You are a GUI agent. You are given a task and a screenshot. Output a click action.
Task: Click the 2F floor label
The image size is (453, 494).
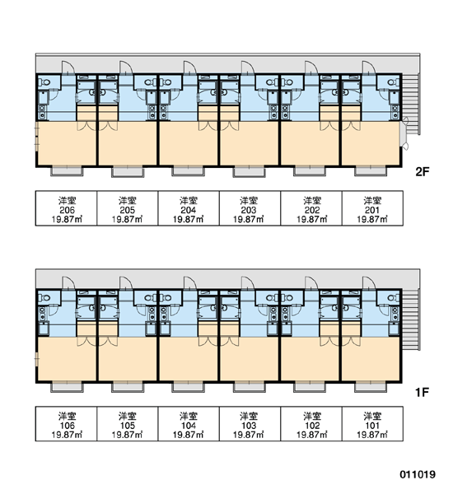pyautogui.click(x=422, y=172)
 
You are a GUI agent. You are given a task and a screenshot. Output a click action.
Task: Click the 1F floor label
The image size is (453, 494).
pyautogui.click(x=422, y=392)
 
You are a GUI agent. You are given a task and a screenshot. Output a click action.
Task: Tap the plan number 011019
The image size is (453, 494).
pyautogui.click(x=418, y=474)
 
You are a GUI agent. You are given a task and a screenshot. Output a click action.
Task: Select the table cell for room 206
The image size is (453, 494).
pyautogui.click(x=66, y=208)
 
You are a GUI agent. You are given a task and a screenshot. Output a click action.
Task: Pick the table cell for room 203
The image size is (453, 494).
pyautogui.click(x=250, y=208)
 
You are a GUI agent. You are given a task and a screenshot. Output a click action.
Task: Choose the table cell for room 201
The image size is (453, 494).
pyautogui.click(x=372, y=208)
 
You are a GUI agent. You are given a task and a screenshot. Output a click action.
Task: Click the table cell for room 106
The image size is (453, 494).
pyautogui.click(x=66, y=424)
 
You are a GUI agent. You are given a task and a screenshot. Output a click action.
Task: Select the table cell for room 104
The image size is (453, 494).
pyautogui.click(x=189, y=424)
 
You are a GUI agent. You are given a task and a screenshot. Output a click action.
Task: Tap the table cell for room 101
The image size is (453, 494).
pyautogui.click(x=372, y=424)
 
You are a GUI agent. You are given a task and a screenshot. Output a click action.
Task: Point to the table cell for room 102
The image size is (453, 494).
pyautogui.click(x=311, y=424)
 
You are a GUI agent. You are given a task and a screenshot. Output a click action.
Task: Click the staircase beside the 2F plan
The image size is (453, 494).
pyautogui.click(x=411, y=104)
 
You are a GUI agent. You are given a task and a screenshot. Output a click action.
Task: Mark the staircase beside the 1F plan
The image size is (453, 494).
pyautogui.click(x=411, y=319)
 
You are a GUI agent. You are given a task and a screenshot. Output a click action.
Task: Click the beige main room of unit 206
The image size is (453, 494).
pyautogui.click(x=67, y=143)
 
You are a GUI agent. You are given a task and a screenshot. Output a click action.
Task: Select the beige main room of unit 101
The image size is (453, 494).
pyautogui.click(x=371, y=359)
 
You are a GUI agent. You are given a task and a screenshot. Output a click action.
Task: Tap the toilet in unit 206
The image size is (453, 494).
pyautogui.click(x=44, y=82)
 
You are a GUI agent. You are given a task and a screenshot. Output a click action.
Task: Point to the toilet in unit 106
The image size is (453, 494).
pyautogui.click(x=44, y=298)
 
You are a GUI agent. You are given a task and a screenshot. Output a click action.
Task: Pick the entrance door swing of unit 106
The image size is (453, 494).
pyautogui.click(x=68, y=283)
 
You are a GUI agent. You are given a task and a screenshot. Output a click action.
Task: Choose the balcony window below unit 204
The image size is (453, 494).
pyautogui.click(x=188, y=171)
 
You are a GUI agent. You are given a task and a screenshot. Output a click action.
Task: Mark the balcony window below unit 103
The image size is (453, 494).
pyautogui.click(x=249, y=387)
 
